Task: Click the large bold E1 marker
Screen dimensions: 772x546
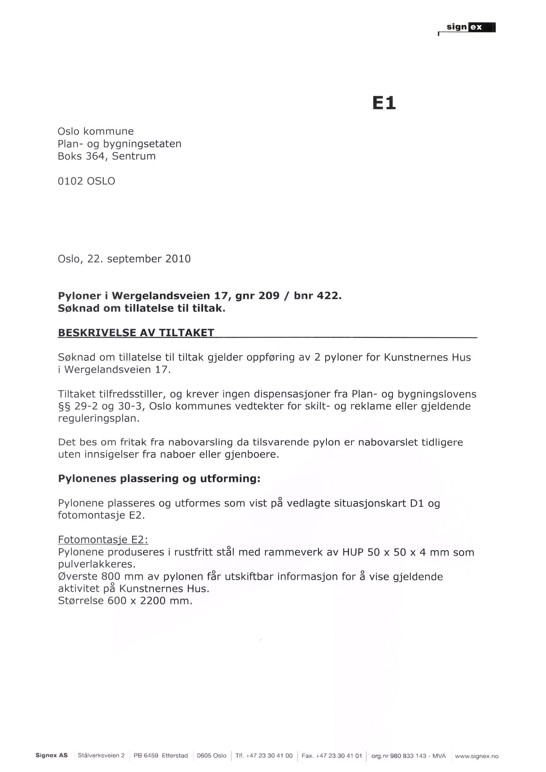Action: pos(384,103)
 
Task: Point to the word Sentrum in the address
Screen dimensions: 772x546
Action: pos(133,157)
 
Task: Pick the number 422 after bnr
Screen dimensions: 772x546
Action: pos(329,296)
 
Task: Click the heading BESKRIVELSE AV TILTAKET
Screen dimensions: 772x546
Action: pos(136,333)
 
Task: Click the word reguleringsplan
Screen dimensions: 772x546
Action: pos(98,419)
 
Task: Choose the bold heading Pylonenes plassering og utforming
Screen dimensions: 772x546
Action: pos(159,478)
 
